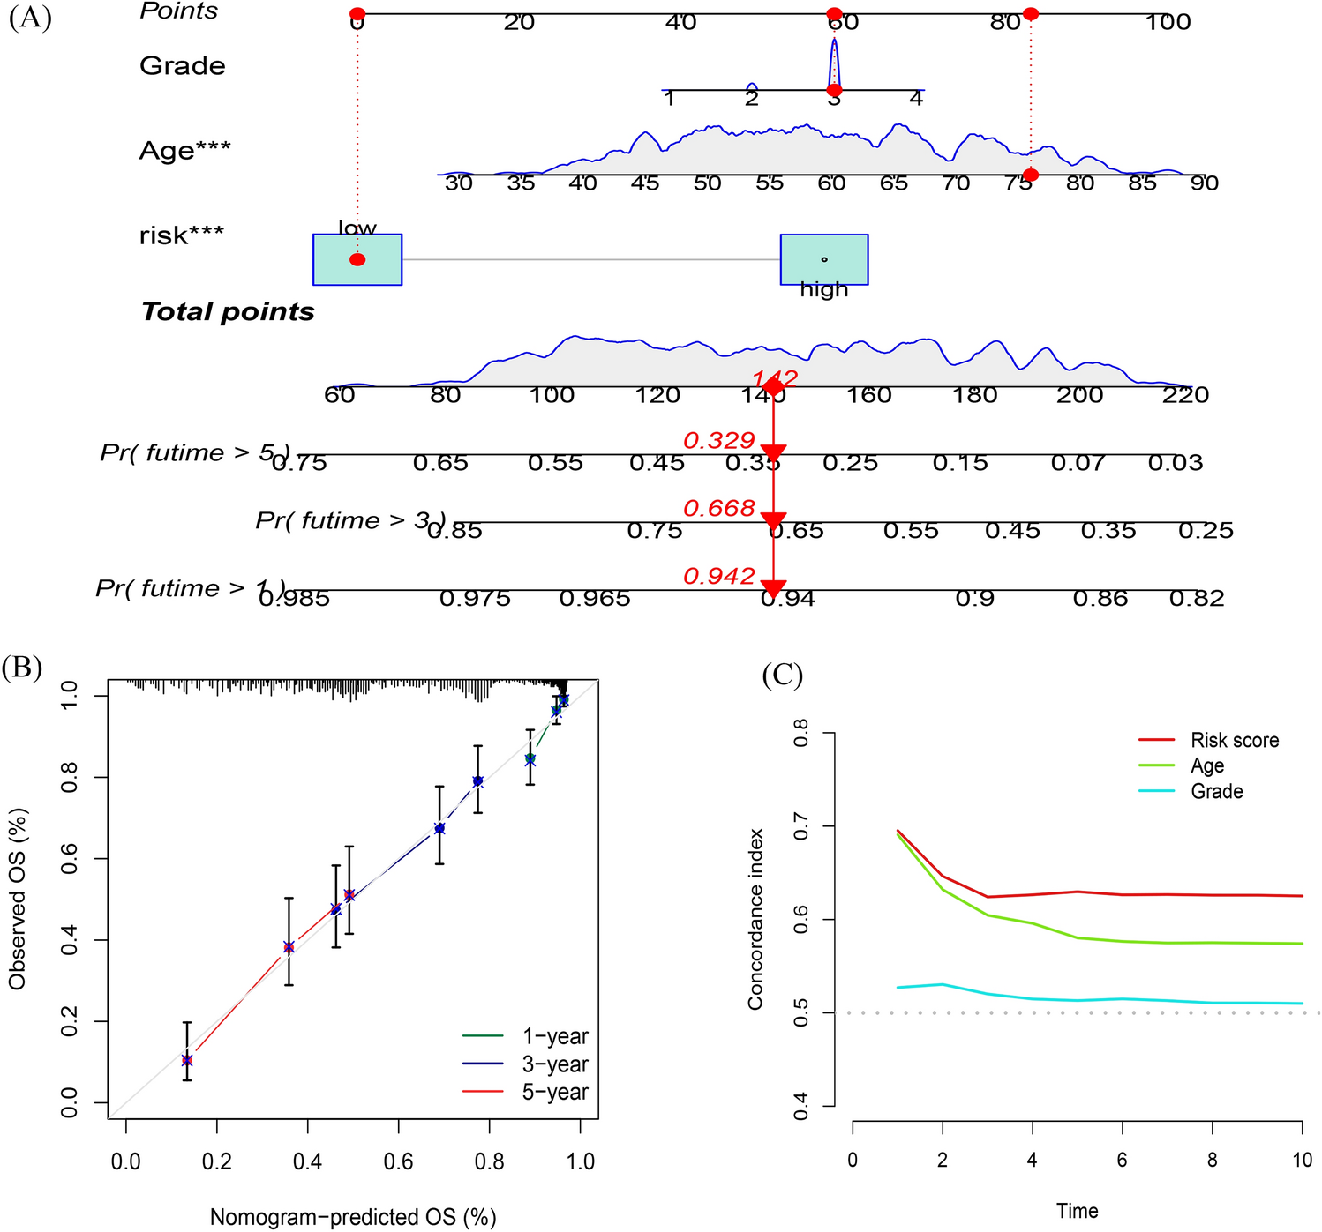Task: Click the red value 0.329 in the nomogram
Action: pos(718,440)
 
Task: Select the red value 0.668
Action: pos(718,508)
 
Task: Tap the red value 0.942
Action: pos(718,576)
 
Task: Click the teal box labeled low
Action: pos(357,259)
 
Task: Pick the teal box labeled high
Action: pos(824,259)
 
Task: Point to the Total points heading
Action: pos(228,311)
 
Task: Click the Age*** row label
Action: pos(184,150)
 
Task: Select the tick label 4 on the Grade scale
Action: pos(916,98)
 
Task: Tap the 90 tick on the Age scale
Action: pos(1204,183)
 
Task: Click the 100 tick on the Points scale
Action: pos(1168,22)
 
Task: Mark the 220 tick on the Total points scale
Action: pos(1185,395)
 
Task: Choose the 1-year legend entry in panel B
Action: pos(554,1036)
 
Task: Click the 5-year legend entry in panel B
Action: pos(554,1093)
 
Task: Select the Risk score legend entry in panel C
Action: pos(1234,740)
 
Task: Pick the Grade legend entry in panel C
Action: pos(1216,791)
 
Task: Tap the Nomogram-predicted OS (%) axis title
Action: pos(353,1217)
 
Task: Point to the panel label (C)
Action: pos(782,676)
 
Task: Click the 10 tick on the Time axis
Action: pos(1302,1160)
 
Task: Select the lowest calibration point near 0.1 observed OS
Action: pos(186,1060)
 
